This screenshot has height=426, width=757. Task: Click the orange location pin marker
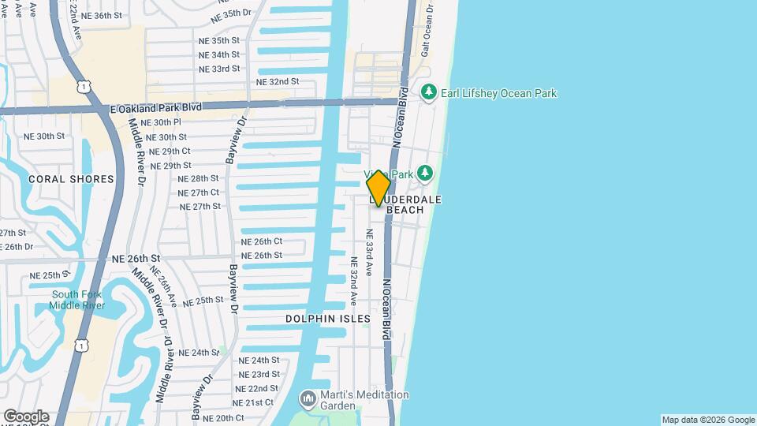click(x=378, y=188)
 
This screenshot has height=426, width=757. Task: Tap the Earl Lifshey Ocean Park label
click(x=500, y=93)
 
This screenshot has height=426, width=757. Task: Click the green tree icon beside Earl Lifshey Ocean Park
click(x=429, y=93)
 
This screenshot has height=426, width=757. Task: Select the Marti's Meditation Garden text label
click(x=364, y=400)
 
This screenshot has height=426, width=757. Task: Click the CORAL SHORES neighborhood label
click(x=71, y=179)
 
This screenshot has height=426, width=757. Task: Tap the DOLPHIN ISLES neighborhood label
click(x=329, y=319)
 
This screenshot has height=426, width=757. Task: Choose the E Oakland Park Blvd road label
click(x=156, y=107)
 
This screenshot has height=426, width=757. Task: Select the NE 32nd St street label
click(x=278, y=81)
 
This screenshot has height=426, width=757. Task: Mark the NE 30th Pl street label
click(x=158, y=122)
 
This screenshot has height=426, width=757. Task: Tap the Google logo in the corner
click(x=26, y=416)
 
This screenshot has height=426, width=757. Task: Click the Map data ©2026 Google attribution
click(x=708, y=420)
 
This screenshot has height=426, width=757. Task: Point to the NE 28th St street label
click(x=199, y=178)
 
